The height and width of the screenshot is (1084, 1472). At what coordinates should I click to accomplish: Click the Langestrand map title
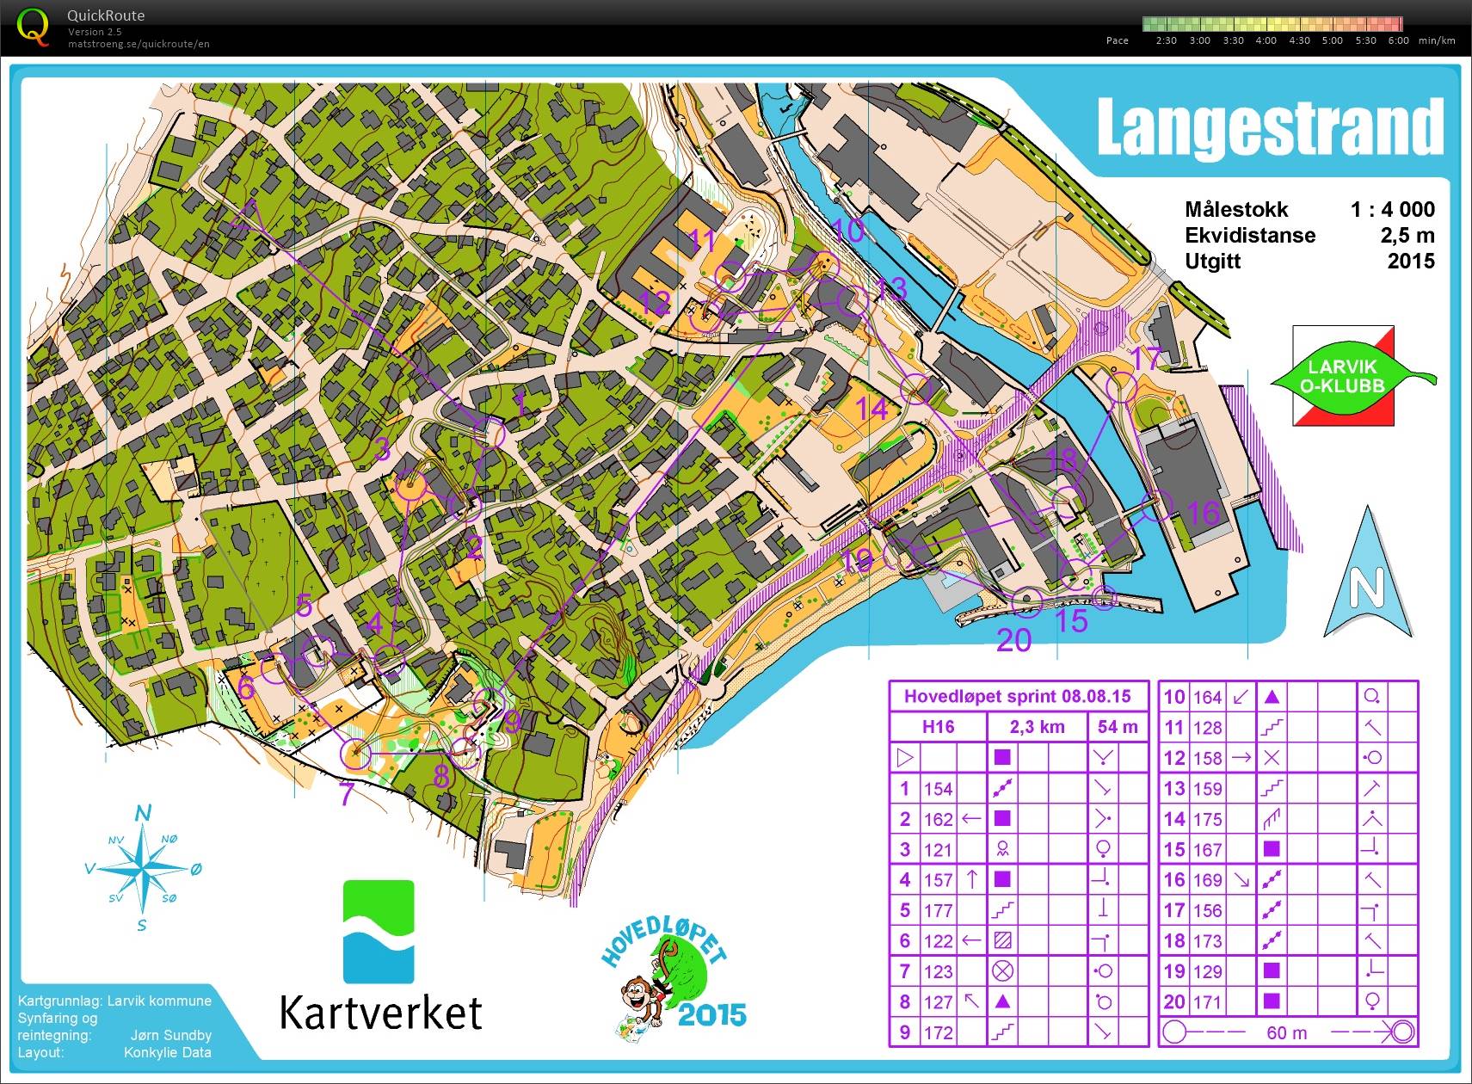1269,127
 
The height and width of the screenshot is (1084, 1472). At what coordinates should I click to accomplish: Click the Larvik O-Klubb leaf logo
1344,377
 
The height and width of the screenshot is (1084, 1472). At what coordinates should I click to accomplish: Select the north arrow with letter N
1367,576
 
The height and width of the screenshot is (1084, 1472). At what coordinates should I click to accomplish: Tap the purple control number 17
1147,358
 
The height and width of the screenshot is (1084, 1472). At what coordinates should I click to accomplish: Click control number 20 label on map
1013,640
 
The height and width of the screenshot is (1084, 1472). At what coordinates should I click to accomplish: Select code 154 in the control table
938,788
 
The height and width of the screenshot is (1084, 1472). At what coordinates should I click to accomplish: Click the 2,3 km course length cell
1037,727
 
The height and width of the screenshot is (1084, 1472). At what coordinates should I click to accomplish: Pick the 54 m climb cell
1118,727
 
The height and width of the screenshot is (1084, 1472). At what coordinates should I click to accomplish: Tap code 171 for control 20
1207,1001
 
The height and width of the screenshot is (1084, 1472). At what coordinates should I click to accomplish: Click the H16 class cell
938,727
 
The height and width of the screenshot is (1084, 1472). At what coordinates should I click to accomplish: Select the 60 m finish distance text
1286,1032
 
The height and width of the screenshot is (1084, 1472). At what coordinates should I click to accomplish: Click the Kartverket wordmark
380,1012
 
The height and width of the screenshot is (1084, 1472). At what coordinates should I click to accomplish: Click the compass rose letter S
142,925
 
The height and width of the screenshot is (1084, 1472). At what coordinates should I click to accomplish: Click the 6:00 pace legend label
1399,40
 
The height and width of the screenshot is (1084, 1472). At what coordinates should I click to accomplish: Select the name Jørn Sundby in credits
170,1035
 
